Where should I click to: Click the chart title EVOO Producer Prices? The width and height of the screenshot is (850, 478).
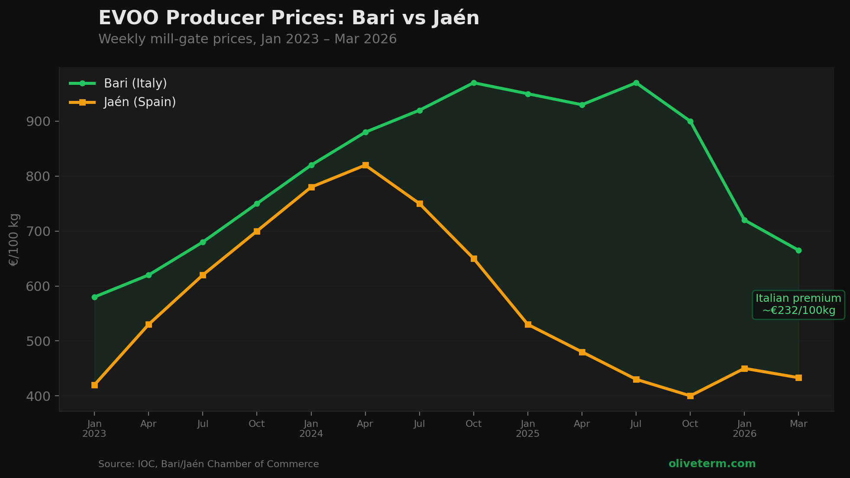[289, 18]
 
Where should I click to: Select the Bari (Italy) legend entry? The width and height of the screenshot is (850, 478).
[135, 83]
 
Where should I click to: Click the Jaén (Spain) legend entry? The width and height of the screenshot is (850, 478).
[139, 102]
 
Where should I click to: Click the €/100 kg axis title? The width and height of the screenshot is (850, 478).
[14, 239]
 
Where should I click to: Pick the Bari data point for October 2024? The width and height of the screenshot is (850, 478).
[474, 83]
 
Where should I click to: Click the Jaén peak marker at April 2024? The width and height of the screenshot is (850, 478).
[365, 165]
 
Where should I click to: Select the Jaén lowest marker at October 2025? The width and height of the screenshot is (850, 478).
[690, 396]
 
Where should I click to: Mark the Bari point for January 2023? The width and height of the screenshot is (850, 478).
[94, 297]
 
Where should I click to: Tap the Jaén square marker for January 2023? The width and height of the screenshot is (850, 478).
[94, 385]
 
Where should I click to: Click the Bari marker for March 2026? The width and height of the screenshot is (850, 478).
[798, 250]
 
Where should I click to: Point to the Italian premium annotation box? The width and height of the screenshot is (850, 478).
[798, 305]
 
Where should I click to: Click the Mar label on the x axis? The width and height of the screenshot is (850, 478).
[798, 424]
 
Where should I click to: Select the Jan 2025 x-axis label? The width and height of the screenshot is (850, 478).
[528, 429]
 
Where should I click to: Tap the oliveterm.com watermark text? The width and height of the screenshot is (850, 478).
[712, 464]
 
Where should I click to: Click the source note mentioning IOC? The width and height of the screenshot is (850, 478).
[208, 464]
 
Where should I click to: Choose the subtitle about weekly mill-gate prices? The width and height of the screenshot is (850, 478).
[247, 39]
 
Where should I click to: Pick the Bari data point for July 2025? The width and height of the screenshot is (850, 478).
[636, 83]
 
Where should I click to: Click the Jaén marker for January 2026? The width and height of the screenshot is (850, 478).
[744, 368]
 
